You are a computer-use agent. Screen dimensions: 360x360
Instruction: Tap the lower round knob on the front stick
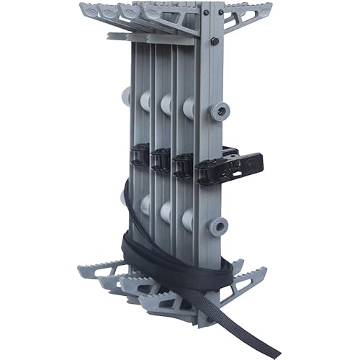(x=217, y=228)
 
